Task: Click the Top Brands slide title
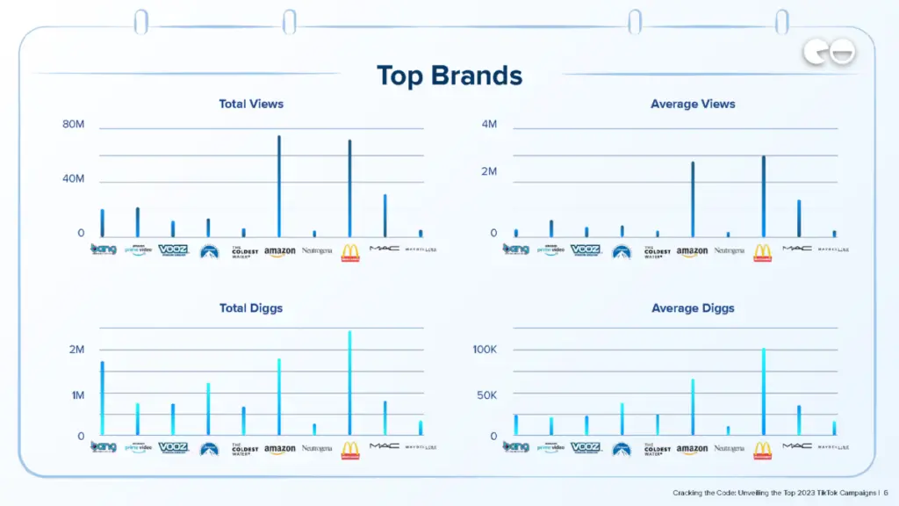tap(449, 76)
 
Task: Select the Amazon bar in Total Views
tap(279, 186)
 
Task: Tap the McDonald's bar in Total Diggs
tap(349, 383)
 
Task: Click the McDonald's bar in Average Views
tap(763, 197)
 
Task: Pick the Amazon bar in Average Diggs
tap(692, 407)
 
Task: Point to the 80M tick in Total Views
tap(74, 125)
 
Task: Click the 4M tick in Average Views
tap(488, 125)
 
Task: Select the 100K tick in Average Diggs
tap(485, 350)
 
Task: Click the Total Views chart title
tap(251, 104)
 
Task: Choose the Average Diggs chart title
tap(693, 308)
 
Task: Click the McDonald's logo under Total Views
tap(349, 253)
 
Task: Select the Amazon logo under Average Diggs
tap(692, 449)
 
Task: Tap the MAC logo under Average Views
tap(797, 249)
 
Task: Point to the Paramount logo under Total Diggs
tap(208, 449)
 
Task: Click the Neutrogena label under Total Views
tap(317, 250)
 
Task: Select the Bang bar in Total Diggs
tap(102, 399)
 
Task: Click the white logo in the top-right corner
tap(829, 54)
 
